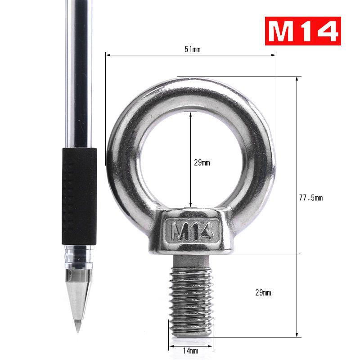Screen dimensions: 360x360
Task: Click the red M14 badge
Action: [302, 31]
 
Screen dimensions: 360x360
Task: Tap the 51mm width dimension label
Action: [193, 49]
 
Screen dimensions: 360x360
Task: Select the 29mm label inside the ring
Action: [202, 163]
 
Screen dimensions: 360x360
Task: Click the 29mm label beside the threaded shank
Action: [263, 293]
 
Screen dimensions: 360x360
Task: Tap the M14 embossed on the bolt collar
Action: [193, 232]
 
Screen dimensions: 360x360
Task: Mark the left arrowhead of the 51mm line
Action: [108, 55]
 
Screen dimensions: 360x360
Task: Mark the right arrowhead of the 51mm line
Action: [274, 55]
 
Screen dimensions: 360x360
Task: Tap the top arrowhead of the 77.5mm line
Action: [297, 79]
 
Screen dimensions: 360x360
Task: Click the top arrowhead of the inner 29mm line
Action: [191, 114]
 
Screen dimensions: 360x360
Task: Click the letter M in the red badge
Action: [280, 31]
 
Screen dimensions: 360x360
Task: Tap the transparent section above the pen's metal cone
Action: [79, 257]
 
